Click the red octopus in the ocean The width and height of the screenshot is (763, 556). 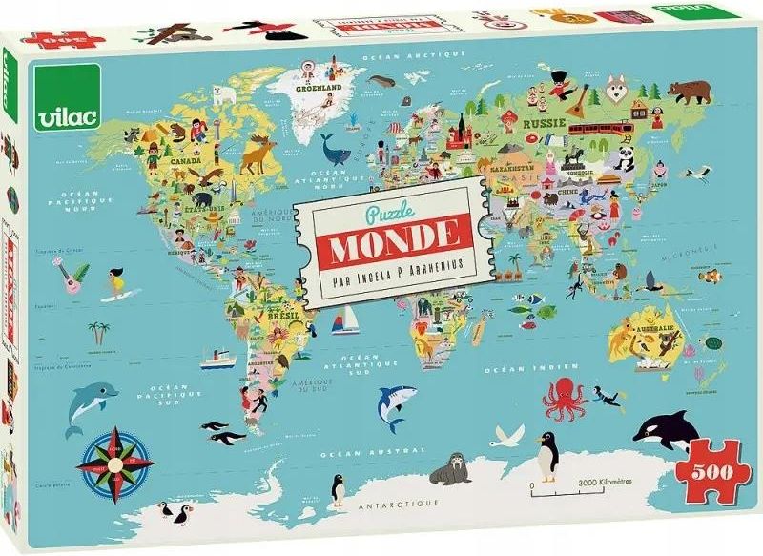[563, 399]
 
